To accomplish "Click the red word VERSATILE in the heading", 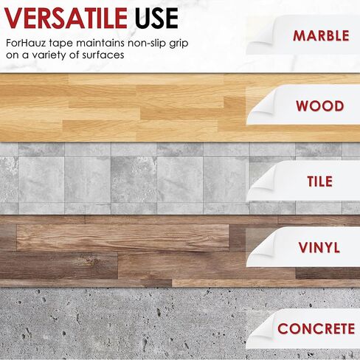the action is (66, 18).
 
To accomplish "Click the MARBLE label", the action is (321, 36).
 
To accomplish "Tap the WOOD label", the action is (320, 106).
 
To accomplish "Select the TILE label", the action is (320, 181).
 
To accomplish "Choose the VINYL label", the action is (319, 247).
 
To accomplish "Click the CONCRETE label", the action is (316, 328).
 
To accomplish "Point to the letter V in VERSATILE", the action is (13, 18).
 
